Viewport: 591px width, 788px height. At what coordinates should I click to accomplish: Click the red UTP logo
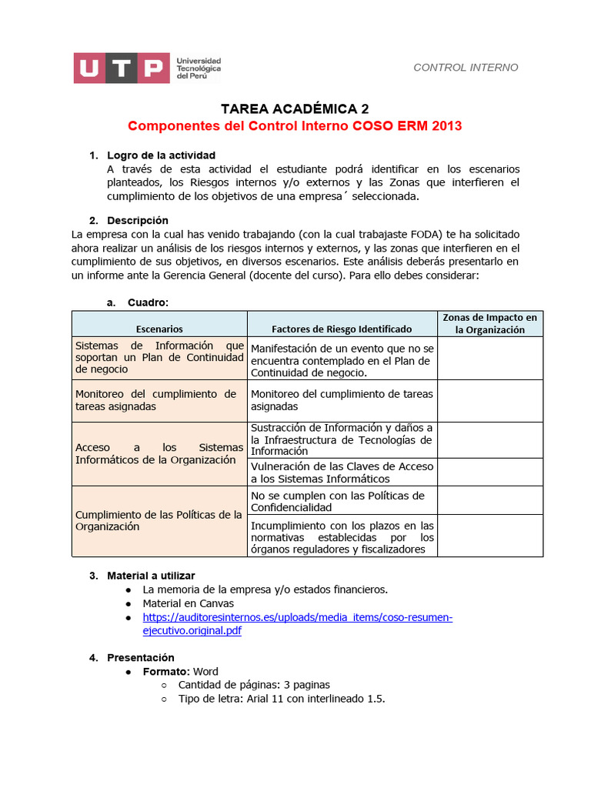pyautogui.click(x=121, y=68)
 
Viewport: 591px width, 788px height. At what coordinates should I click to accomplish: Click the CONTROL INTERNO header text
pyautogui.click(x=466, y=68)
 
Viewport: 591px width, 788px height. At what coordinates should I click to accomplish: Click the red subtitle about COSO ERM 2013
pyautogui.click(x=295, y=125)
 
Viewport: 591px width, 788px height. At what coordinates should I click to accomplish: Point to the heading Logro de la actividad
pyautogui.click(x=161, y=155)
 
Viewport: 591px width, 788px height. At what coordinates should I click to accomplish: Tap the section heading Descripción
pyautogui.click(x=137, y=220)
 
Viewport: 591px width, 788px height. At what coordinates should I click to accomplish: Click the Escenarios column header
pyautogui.click(x=160, y=329)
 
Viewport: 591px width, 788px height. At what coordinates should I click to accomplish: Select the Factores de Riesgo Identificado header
pyautogui.click(x=342, y=329)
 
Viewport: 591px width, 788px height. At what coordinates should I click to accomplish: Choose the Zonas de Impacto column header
pyautogui.click(x=489, y=323)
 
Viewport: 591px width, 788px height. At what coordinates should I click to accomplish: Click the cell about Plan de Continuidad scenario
pyautogui.click(x=159, y=357)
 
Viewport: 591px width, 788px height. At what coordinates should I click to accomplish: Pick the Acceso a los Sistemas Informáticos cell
pyautogui.click(x=159, y=453)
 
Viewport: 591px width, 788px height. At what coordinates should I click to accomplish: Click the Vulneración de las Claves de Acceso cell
pyautogui.click(x=342, y=472)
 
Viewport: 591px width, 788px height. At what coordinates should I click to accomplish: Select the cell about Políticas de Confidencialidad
pyautogui.click(x=342, y=502)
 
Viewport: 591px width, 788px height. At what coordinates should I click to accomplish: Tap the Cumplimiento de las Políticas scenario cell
pyautogui.click(x=159, y=520)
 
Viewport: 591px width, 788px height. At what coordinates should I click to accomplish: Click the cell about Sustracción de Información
pyautogui.click(x=342, y=439)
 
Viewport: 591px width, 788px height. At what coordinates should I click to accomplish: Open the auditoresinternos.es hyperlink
pyautogui.click(x=297, y=618)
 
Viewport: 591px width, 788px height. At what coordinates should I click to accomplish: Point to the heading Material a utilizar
pyautogui.click(x=151, y=576)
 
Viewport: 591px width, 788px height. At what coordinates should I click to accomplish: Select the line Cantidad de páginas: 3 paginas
pyautogui.click(x=254, y=685)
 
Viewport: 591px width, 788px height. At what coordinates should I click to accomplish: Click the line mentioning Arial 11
pyautogui.click(x=281, y=699)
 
